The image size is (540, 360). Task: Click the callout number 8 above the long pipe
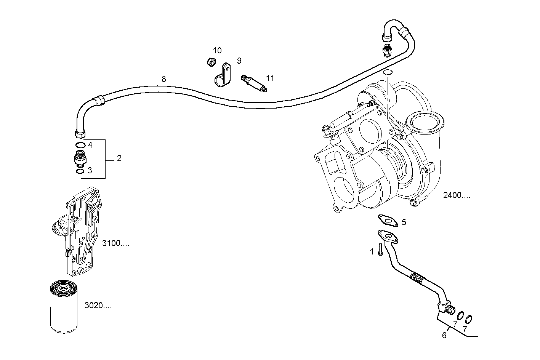[x=163, y=79]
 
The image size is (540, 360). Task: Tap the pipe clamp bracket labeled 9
[x=222, y=76]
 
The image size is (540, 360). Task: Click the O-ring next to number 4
[x=80, y=145]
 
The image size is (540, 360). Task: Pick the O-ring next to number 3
[x=80, y=171]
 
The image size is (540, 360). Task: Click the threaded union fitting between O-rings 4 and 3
[x=80, y=158]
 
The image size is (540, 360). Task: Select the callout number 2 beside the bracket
[x=119, y=158]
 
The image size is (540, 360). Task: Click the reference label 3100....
[x=115, y=243]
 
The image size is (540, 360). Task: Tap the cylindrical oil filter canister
[x=64, y=306]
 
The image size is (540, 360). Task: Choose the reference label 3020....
[x=98, y=306]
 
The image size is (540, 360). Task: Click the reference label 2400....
[x=457, y=196]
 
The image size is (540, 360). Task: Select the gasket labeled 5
[x=388, y=220]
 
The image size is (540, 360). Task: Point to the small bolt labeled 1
[x=380, y=250]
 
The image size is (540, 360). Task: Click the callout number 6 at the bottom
[x=444, y=336]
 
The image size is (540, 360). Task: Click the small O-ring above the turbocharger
[x=388, y=72]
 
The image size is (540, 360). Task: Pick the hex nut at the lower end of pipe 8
[x=80, y=133]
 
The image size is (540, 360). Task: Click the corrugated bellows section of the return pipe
[x=418, y=278]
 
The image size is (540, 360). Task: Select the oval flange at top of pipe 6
[x=388, y=236]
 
